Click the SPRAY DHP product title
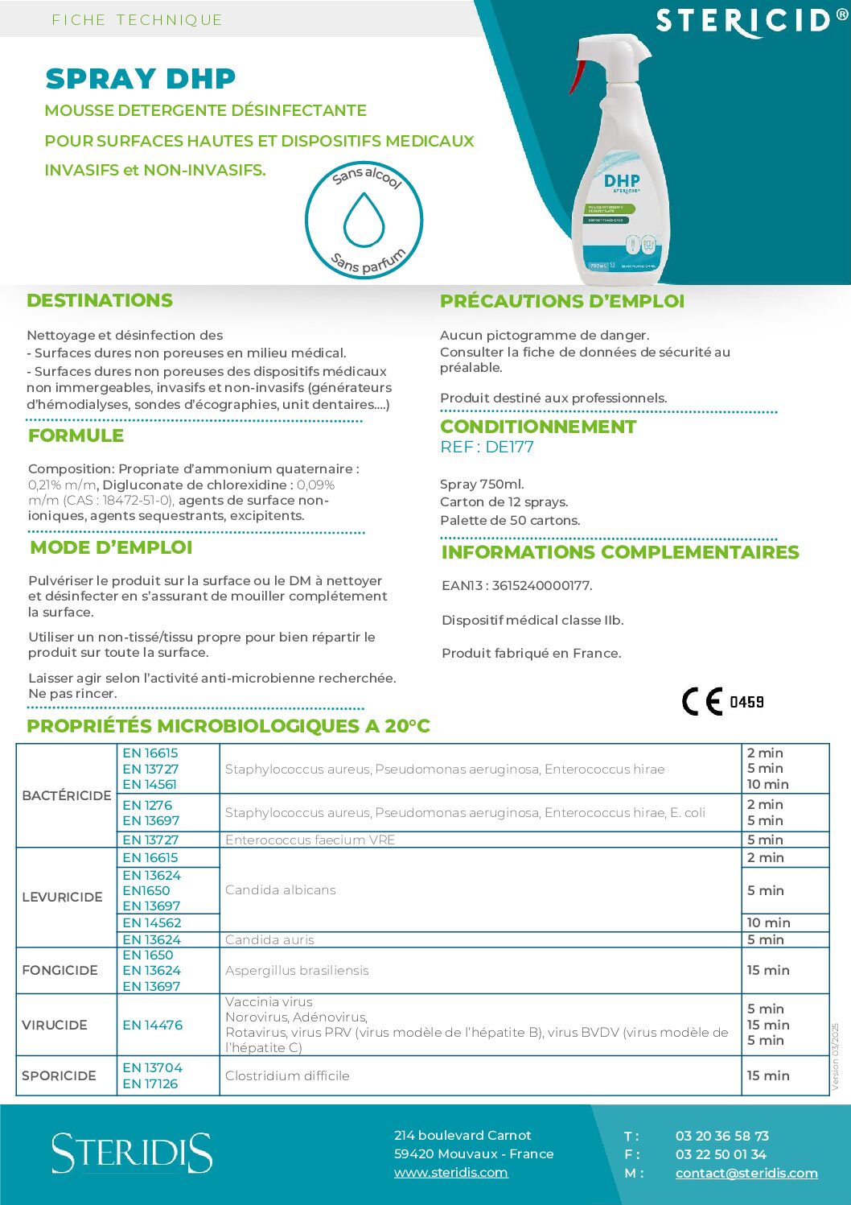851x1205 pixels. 140,79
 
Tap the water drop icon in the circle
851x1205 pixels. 364,220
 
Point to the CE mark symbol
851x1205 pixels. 701,702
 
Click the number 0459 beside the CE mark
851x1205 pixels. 746,702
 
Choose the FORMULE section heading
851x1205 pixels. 76,436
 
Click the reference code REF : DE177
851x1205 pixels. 487,448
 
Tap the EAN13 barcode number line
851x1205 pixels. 516,586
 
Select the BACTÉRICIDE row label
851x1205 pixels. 67,795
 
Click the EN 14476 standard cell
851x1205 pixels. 152,1025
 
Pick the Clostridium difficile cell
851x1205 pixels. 287,1075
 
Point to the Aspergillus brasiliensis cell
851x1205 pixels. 297,970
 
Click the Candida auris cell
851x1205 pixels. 269,939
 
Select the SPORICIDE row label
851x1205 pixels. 59,1075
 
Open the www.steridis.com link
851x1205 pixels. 450,1173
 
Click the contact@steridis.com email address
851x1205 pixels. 746,1174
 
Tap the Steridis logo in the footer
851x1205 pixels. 132,1153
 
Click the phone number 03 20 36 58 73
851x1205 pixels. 721,1136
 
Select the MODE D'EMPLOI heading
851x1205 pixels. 111,548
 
